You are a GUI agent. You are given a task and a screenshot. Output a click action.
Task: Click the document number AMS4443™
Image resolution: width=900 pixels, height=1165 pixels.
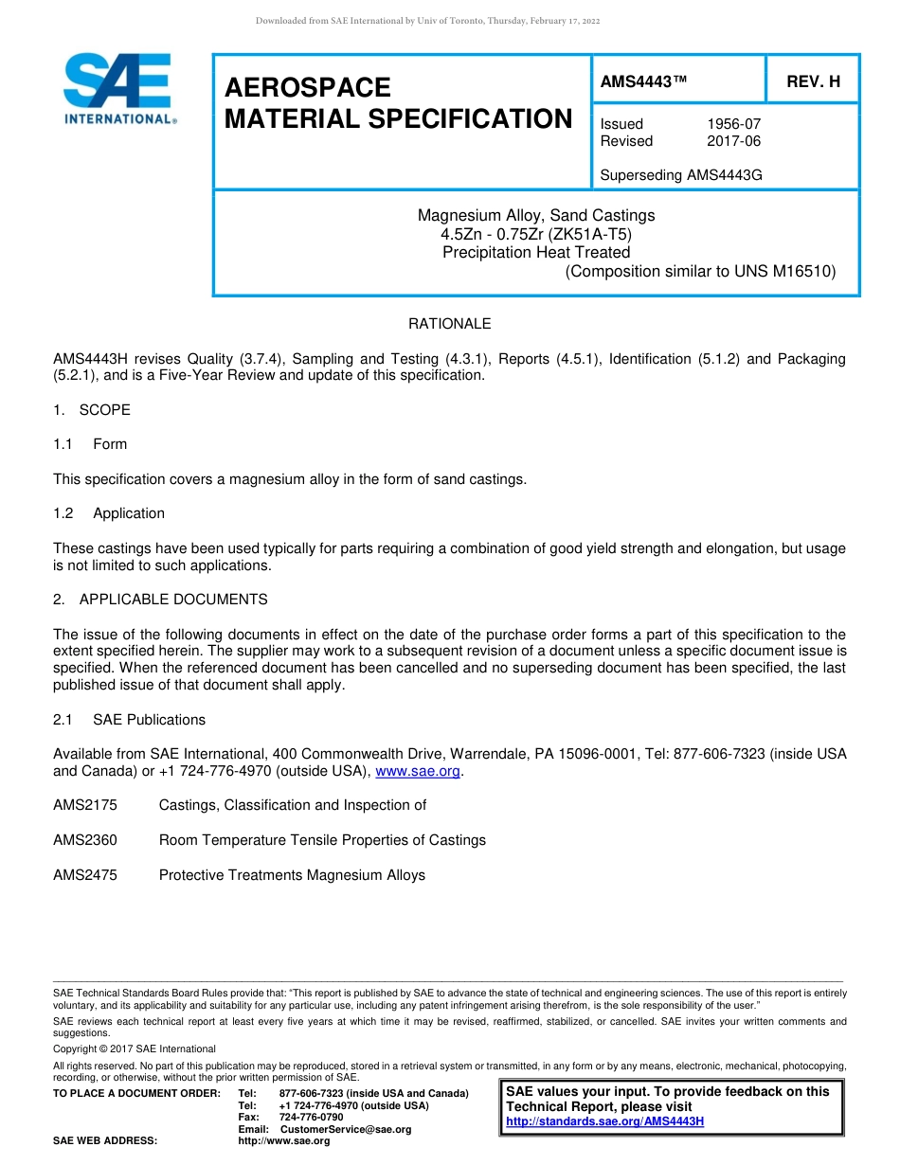(x=644, y=82)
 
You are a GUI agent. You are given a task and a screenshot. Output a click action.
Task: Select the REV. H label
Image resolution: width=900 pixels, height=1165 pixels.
(x=813, y=82)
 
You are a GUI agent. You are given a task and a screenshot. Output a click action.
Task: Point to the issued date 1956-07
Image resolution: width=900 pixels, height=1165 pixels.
(x=733, y=124)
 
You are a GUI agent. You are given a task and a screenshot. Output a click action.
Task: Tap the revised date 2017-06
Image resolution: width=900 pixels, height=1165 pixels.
(x=733, y=141)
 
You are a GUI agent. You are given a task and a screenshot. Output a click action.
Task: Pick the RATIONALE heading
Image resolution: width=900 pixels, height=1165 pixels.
(x=449, y=324)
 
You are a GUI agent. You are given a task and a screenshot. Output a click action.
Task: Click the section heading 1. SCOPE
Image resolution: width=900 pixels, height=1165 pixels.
(x=92, y=410)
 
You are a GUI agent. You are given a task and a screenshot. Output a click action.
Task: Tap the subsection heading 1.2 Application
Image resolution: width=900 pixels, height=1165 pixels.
(x=109, y=513)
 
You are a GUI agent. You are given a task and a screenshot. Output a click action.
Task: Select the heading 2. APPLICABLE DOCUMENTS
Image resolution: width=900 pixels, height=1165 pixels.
(x=160, y=600)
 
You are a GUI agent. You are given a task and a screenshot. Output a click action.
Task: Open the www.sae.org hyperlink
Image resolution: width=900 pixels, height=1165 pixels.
(x=418, y=771)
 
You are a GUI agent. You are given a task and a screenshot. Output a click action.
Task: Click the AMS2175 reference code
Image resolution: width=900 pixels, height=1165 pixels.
(x=85, y=805)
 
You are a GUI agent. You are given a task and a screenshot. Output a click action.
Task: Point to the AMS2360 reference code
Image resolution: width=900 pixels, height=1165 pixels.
(x=85, y=840)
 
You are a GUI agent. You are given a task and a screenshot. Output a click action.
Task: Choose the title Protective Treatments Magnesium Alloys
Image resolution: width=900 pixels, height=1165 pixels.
(x=292, y=875)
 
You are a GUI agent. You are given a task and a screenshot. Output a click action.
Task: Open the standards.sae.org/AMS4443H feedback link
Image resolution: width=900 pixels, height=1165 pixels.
(x=604, y=1121)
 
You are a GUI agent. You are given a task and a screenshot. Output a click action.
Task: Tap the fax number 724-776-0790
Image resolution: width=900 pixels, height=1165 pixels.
(x=311, y=1118)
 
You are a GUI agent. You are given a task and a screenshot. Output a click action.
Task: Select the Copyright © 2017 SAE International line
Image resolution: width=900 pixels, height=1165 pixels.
(x=135, y=1048)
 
